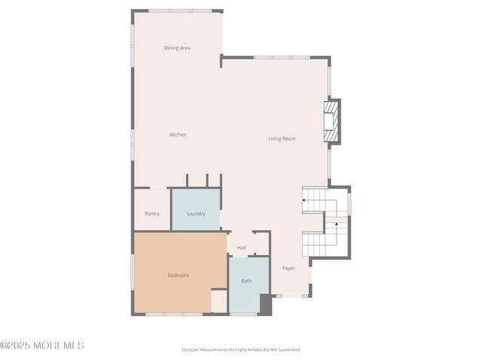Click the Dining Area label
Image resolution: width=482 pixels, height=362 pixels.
pos(177,48)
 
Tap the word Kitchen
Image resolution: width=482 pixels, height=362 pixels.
pos(178,134)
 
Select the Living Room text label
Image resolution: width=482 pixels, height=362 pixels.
pos(282,139)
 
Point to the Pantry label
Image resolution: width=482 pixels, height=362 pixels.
pos(152,213)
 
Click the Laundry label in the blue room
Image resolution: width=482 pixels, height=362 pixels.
pos(196,213)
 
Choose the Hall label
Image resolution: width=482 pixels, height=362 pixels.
pos(241,247)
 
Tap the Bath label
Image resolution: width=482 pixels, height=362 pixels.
pos(246,281)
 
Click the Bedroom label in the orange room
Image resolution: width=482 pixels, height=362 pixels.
pos(178,275)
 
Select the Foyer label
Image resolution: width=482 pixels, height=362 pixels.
pos(288,268)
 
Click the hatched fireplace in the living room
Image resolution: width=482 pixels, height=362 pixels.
pos(331,121)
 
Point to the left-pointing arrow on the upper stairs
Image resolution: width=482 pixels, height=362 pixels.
pos(305,200)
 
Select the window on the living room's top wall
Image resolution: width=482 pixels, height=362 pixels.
pos(281,57)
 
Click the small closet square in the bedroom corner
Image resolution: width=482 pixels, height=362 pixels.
pos(219,301)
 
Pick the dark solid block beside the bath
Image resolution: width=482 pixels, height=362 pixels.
pos(265,305)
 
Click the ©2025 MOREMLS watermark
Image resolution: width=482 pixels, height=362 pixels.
pos(42,345)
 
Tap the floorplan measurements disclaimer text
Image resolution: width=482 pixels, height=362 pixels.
pos(241,350)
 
